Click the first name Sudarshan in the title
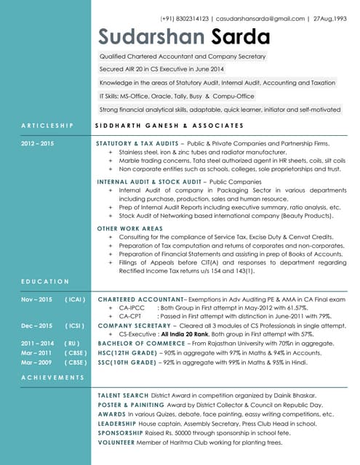151,37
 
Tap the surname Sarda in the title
240,37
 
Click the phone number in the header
185,18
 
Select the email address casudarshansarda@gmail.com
260,18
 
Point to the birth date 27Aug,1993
329,18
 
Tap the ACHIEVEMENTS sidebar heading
52,377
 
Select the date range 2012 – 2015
37,144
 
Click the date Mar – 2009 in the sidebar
37,361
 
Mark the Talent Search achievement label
123,395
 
